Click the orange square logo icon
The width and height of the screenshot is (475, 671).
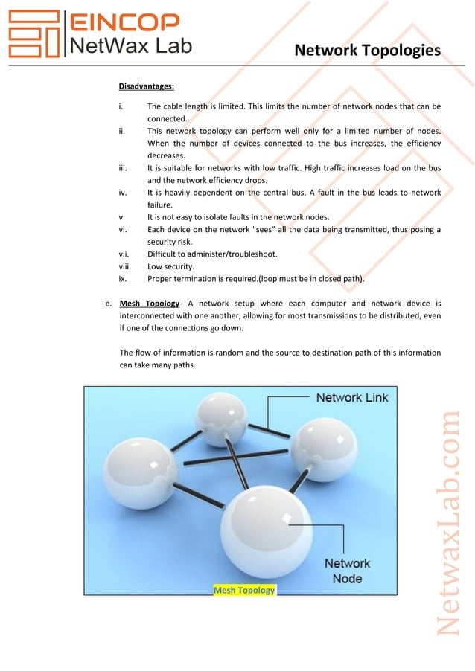pyautogui.click(x=33, y=34)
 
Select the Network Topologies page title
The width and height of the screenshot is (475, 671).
pyautogui.click(x=367, y=51)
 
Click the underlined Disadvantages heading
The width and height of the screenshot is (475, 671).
pyautogui.click(x=147, y=86)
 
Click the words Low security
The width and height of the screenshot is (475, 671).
pyautogui.click(x=172, y=266)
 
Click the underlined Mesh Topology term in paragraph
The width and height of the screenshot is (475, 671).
pyautogui.click(x=150, y=304)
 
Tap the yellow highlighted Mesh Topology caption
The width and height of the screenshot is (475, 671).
pyautogui.click(x=244, y=590)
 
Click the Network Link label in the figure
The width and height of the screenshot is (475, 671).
pyautogui.click(x=351, y=397)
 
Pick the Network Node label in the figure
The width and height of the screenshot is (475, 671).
pyautogui.click(x=347, y=571)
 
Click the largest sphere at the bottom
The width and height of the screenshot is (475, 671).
pyautogui.click(x=267, y=530)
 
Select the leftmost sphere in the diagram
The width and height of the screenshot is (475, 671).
pyautogui.click(x=139, y=470)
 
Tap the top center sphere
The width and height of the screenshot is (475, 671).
pyautogui.click(x=221, y=419)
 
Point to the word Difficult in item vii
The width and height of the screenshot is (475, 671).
pyautogui.click(x=165, y=254)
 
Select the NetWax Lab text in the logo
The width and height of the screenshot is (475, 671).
pyautogui.click(x=130, y=46)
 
